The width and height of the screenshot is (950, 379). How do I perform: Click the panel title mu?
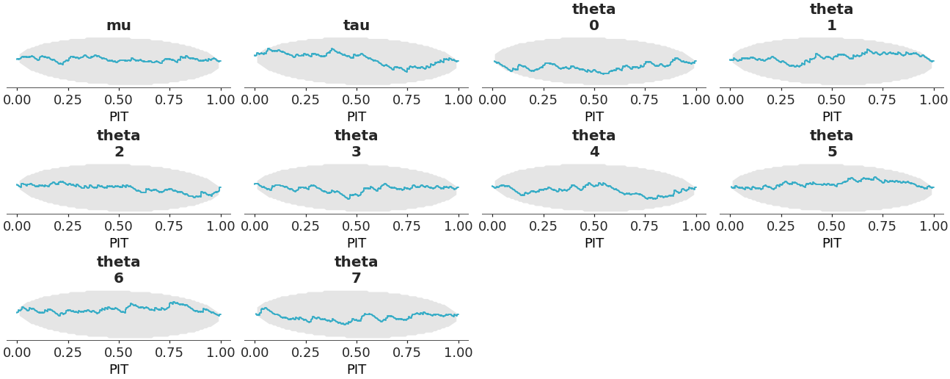(119, 26)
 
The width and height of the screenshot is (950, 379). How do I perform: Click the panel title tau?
(357, 26)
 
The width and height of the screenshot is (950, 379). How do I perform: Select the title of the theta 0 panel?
(594, 18)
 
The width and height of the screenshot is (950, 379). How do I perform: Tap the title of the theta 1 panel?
(832, 18)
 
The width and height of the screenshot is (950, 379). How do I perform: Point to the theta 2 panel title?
(119, 144)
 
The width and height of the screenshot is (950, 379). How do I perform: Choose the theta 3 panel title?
(357, 144)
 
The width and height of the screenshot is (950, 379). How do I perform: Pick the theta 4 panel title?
(594, 144)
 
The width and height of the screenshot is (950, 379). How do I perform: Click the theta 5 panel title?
(832, 144)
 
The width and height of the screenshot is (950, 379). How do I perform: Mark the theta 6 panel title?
(119, 270)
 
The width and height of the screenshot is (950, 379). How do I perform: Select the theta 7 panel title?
(357, 270)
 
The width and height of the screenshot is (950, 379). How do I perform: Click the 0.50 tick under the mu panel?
(119, 98)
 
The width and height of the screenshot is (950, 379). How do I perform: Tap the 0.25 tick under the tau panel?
(306, 98)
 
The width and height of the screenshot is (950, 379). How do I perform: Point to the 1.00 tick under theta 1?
(933, 98)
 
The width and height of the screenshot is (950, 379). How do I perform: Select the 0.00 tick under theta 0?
(493, 98)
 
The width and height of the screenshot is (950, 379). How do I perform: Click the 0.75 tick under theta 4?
(645, 225)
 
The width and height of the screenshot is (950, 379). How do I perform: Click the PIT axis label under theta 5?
(832, 243)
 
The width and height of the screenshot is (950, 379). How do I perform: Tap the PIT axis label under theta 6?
(119, 369)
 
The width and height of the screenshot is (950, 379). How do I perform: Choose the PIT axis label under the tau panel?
(357, 117)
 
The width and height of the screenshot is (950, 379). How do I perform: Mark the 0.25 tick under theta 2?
(68, 225)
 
